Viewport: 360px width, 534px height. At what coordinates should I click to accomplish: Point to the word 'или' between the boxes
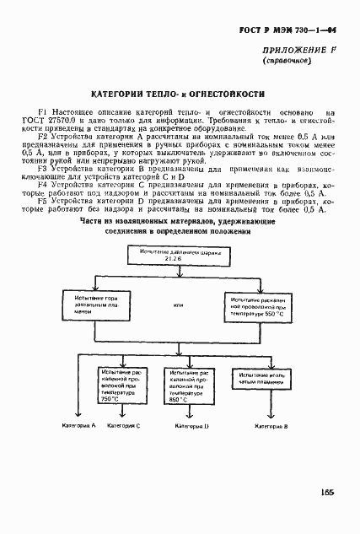[x=177, y=305]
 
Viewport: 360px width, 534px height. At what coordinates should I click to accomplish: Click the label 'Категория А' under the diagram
[x=80, y=426]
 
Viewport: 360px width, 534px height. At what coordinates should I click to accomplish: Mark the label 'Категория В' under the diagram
[x=271, y=427]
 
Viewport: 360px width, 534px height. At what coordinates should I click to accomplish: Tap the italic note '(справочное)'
[x=287, y=62]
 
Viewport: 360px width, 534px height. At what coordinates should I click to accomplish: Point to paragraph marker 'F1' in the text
[x=44, y=111]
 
